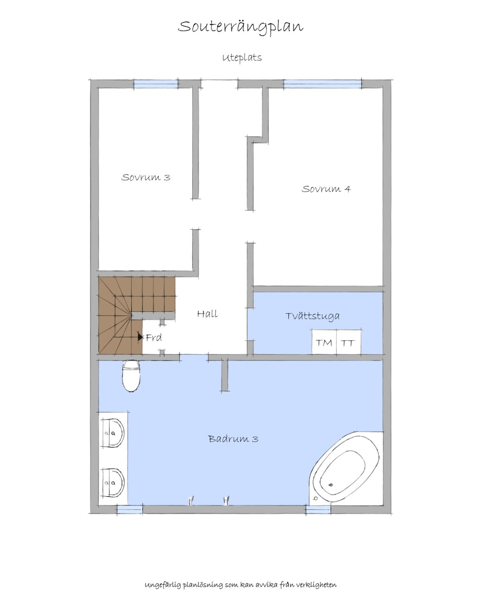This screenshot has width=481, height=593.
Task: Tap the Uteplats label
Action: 242,58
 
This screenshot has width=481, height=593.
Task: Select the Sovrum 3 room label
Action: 146,177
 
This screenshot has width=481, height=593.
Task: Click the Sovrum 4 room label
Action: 326,189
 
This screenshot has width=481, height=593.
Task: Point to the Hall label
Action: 207,314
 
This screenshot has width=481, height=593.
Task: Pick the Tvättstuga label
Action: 312,316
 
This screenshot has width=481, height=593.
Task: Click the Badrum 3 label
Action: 233,439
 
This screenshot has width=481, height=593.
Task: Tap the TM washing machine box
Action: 324,342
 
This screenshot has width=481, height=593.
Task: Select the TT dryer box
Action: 349,342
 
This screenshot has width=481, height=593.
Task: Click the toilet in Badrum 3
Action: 131,376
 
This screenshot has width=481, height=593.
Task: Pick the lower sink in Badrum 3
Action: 112,483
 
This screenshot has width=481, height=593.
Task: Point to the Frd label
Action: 154,338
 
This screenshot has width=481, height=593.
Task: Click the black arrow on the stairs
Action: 140,337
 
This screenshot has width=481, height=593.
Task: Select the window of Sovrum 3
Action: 156,84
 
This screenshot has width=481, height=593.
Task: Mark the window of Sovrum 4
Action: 322,84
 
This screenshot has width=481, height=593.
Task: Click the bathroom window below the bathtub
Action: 318,509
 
